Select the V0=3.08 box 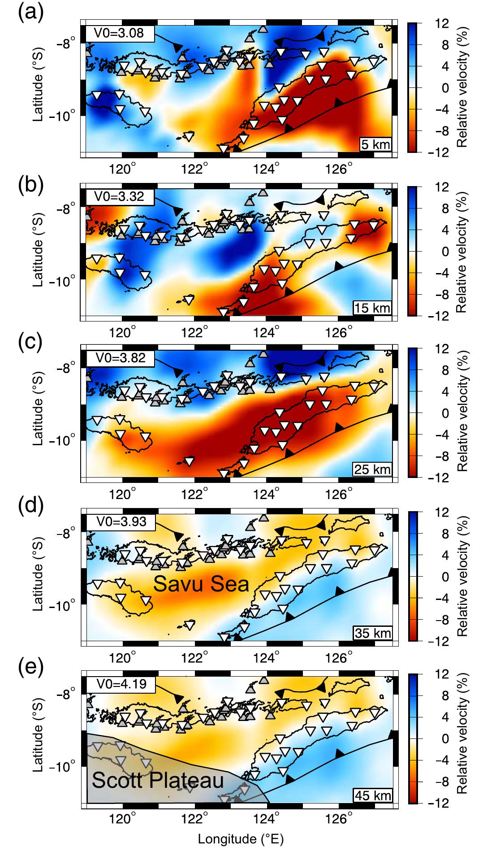coord(119,33)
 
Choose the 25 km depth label coord(372,469)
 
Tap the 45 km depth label coord(372,795)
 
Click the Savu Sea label coord(201,584)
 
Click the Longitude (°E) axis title coord(241,838)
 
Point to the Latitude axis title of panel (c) coord(39,413)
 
